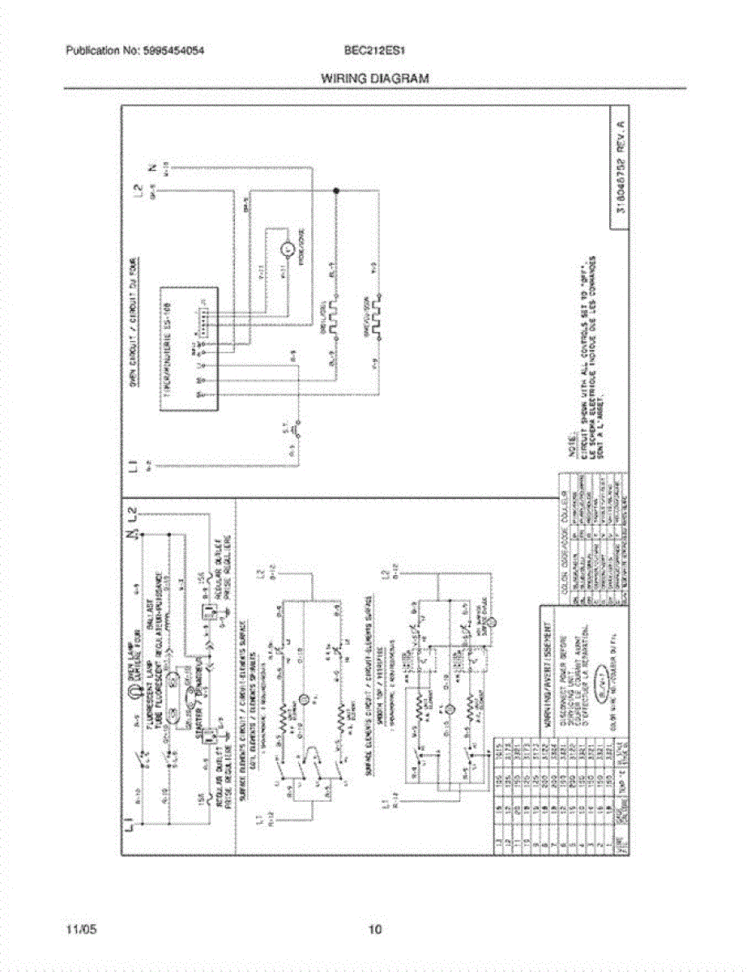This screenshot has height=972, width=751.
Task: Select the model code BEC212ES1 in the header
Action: point(373,50)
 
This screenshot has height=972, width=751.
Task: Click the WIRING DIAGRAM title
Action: point(375,79)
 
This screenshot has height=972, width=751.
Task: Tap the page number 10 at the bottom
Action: point(374,930)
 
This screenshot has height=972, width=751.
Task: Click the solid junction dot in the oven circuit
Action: point(335,192)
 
